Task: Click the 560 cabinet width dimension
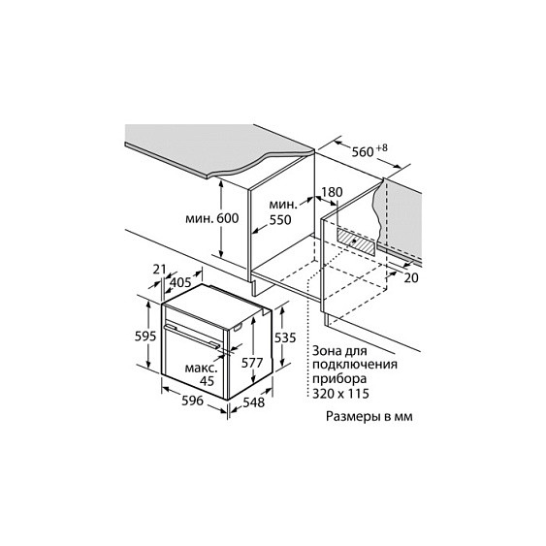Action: coord(362,152)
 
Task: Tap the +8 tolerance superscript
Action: coord(382,147)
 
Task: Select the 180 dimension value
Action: coord(332,192)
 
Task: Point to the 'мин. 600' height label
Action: coord(211,218)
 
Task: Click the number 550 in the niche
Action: coord(280,220)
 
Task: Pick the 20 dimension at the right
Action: coord(411,277)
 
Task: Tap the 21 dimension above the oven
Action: coord(159,269)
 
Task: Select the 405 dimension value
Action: coord(180,282)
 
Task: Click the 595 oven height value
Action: coord(145,336)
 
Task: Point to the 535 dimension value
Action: coord(285,337)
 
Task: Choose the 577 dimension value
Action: coord(252,363)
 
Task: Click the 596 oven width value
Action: coord(193,401)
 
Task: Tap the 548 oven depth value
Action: coord(254,402)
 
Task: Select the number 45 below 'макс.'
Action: coord(207,381)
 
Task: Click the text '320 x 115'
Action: coord(340,394)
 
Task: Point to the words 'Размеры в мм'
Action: coord(369,416)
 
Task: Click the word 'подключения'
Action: coord(355,365)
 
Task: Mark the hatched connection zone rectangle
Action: coord(356,241)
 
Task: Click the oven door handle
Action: coord(193,337)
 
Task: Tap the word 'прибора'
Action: coord(339,379)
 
